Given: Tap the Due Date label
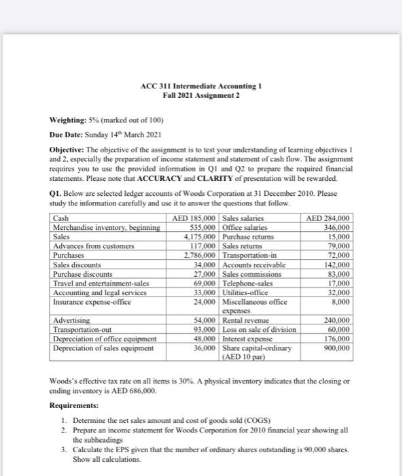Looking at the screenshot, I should (x=68, y=134).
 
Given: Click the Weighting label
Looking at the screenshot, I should (x=71, y=120).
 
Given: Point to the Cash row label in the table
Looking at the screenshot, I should (x=60, y=218).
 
